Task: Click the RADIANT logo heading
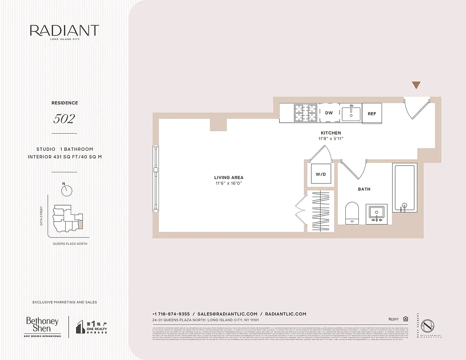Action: coord(64,31)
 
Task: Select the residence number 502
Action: coord(64,119)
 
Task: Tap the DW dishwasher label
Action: coord(329,113)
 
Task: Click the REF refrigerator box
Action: coord(372,113)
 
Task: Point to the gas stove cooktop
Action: coord(306,113)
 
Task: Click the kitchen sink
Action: coord(351,113)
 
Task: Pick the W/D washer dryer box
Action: coord(321,174)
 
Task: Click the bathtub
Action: coord(405,188)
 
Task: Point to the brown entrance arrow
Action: coord(416,85)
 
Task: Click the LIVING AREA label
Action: coord(229,178)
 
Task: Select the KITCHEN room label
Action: coord(331,133)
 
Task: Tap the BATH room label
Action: coord(364,189)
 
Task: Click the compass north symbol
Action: coord(67,190)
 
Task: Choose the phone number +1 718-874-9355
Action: coord(172,314)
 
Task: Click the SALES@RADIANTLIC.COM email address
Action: coord(227,314)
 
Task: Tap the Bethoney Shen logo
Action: coord(42,326)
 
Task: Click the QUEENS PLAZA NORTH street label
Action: coord(70,243)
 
